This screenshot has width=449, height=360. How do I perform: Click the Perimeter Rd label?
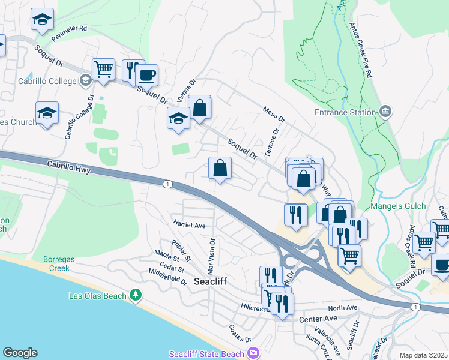tap(69, 28)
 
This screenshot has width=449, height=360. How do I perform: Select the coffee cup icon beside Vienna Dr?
tap(146, 76)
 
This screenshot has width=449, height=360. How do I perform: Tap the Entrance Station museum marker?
tap(385, 111)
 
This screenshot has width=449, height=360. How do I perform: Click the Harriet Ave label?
tap(190, 225)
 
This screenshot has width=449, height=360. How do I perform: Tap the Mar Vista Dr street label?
tap(211, 253)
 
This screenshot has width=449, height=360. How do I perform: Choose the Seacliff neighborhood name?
tap(209, 281)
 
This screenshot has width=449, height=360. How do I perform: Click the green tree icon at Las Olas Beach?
tap(136, 295)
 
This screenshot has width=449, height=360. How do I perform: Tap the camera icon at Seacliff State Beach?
tap(253, 353)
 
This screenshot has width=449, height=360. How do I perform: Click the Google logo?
tap(20, 353)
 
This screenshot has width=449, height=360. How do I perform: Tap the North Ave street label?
tap(342, 308)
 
